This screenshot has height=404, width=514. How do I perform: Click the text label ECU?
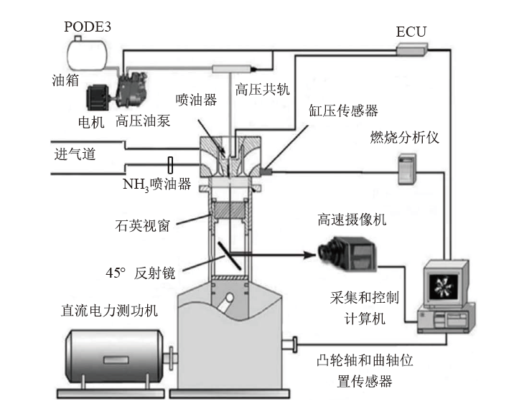[411, 32]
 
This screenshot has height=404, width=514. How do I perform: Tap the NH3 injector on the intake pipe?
[170, 165]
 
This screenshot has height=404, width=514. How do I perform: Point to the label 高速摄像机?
[352, 220]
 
